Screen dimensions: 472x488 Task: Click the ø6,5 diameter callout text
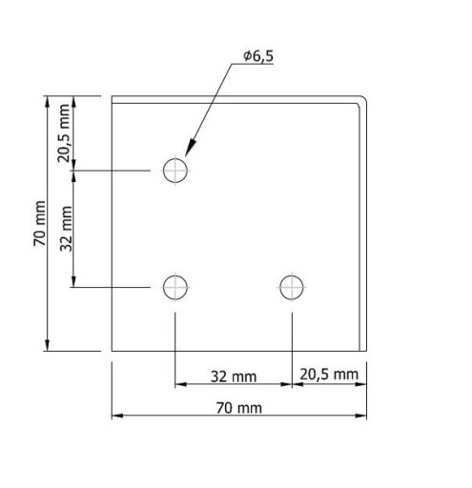point(258,56)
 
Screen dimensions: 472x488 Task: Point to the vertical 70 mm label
point(40,223)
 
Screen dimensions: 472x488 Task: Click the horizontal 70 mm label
point(239,408)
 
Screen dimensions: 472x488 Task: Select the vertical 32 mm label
point(66,229)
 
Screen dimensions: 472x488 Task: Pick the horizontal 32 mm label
point(234,376)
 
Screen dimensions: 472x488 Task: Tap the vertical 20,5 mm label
point(63,133)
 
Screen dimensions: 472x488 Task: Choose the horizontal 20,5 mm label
point(329,375)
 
